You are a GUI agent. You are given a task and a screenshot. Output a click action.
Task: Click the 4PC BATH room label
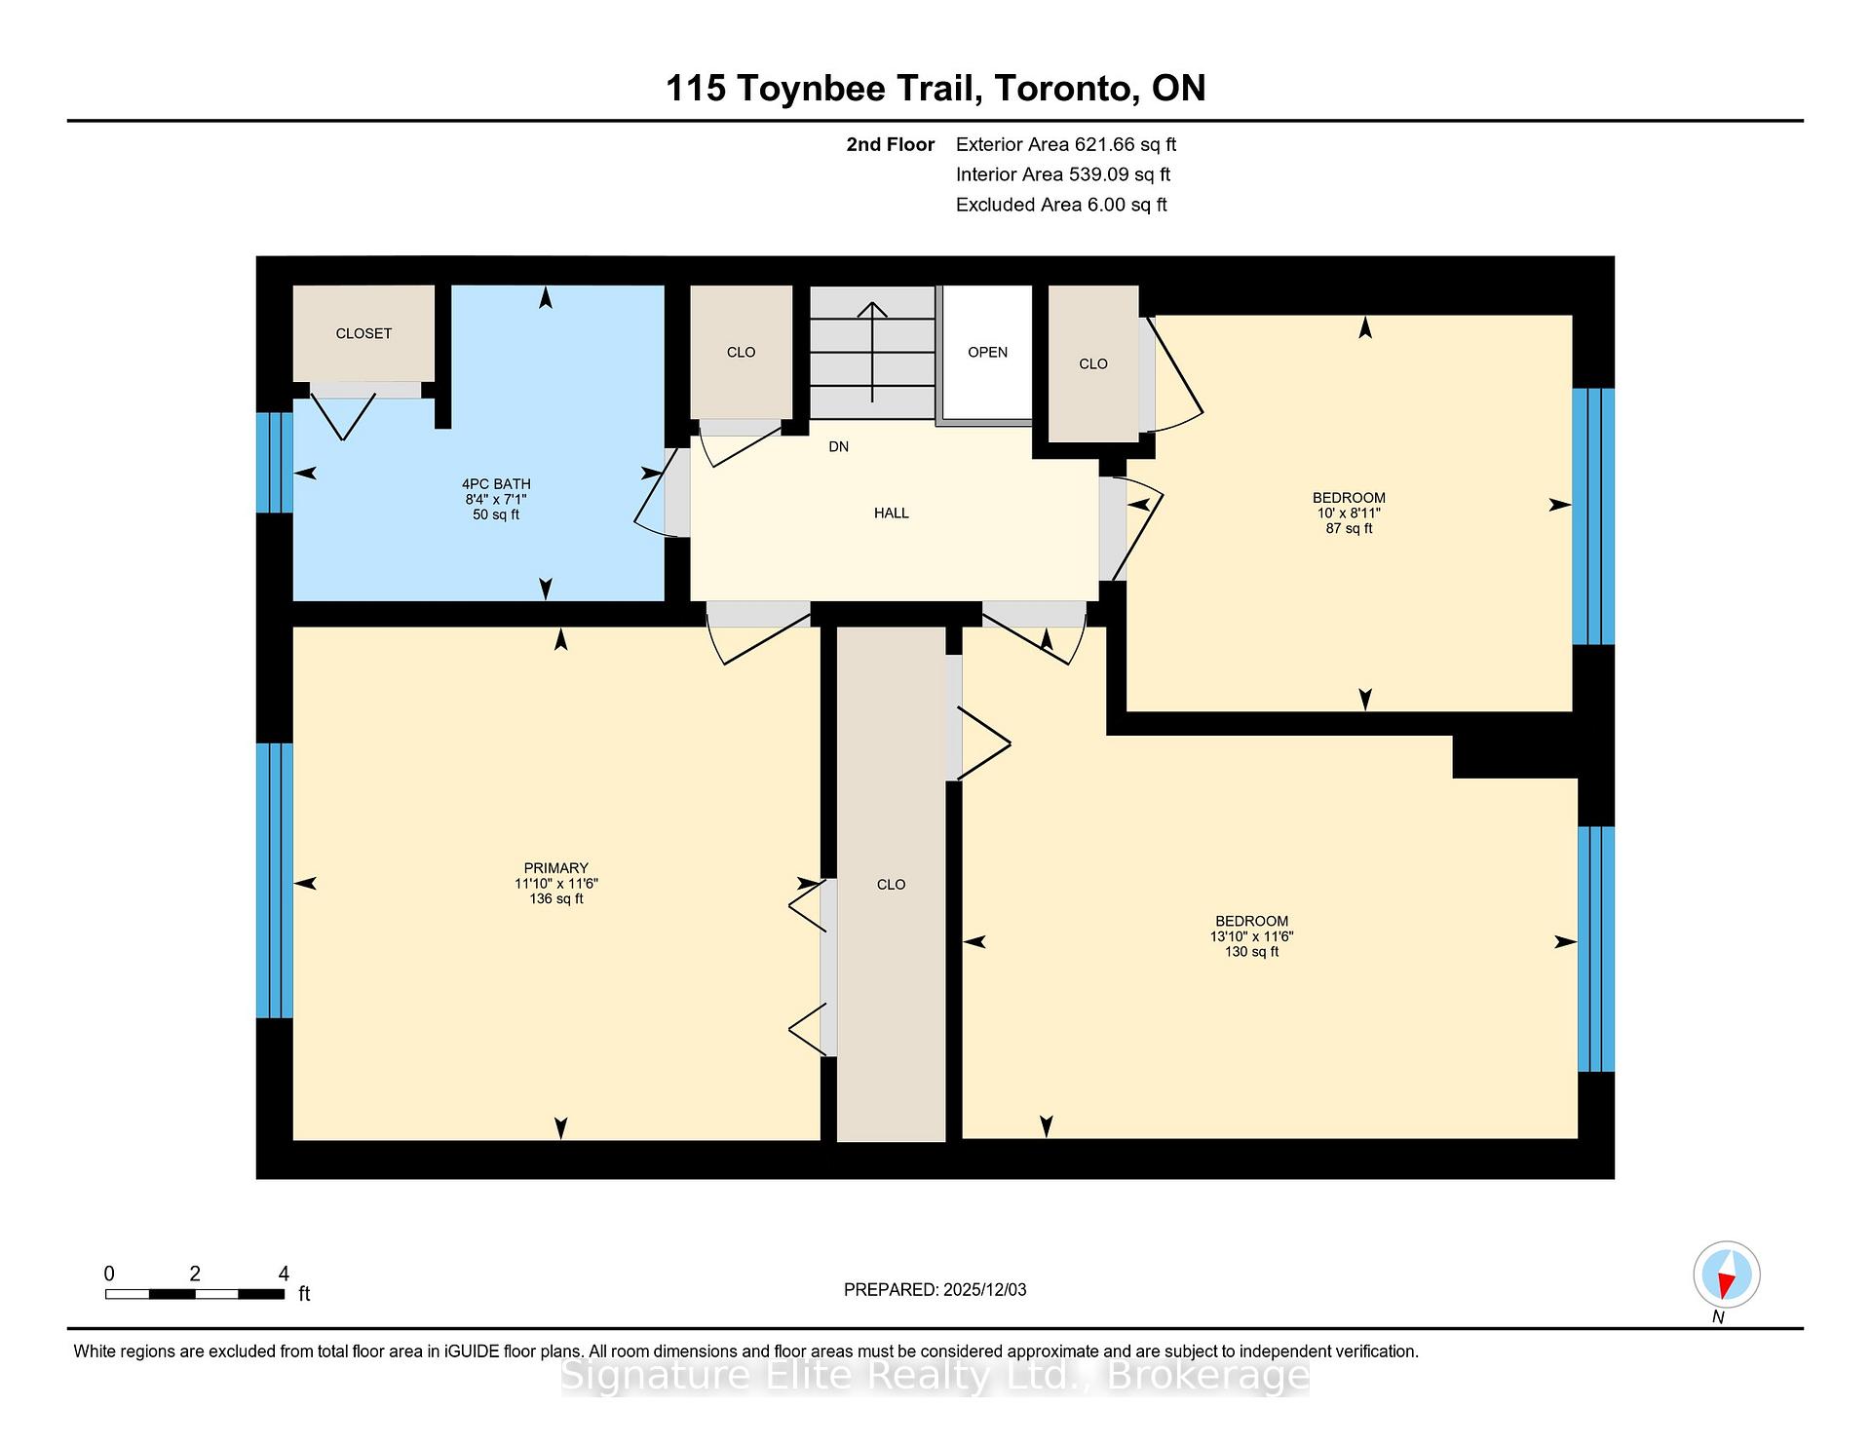496,484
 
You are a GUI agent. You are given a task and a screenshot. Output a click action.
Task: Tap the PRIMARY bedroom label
555,868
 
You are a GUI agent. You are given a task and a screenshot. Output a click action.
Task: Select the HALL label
891,514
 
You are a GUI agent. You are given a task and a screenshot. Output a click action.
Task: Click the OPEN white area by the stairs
987,353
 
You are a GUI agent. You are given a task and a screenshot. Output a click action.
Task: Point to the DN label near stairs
838,447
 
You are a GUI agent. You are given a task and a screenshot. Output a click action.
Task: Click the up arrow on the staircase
872,351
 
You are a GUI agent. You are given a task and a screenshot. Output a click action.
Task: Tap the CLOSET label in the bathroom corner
363,334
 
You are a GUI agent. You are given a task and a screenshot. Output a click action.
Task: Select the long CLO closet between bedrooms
891,885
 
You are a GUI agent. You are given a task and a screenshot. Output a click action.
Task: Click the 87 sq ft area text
1349,529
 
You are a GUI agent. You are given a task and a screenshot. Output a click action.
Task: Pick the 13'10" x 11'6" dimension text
1251,936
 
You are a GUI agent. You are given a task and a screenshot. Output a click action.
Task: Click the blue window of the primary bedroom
275,881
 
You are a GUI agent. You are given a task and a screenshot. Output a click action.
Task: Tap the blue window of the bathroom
275,463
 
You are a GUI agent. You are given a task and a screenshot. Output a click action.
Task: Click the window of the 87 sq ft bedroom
1593,516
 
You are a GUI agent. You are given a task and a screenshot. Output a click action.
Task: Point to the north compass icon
1726,1275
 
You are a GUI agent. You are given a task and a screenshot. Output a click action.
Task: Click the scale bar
194,1294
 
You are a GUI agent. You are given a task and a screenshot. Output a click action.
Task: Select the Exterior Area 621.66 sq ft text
1065,145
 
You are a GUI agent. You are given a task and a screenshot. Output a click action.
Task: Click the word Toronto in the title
1066,89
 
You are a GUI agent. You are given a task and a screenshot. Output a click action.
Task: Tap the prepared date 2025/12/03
984,1290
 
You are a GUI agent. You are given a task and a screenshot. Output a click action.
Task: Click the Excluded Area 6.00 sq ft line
1060,206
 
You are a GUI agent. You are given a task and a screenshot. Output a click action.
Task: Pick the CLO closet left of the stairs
741,353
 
